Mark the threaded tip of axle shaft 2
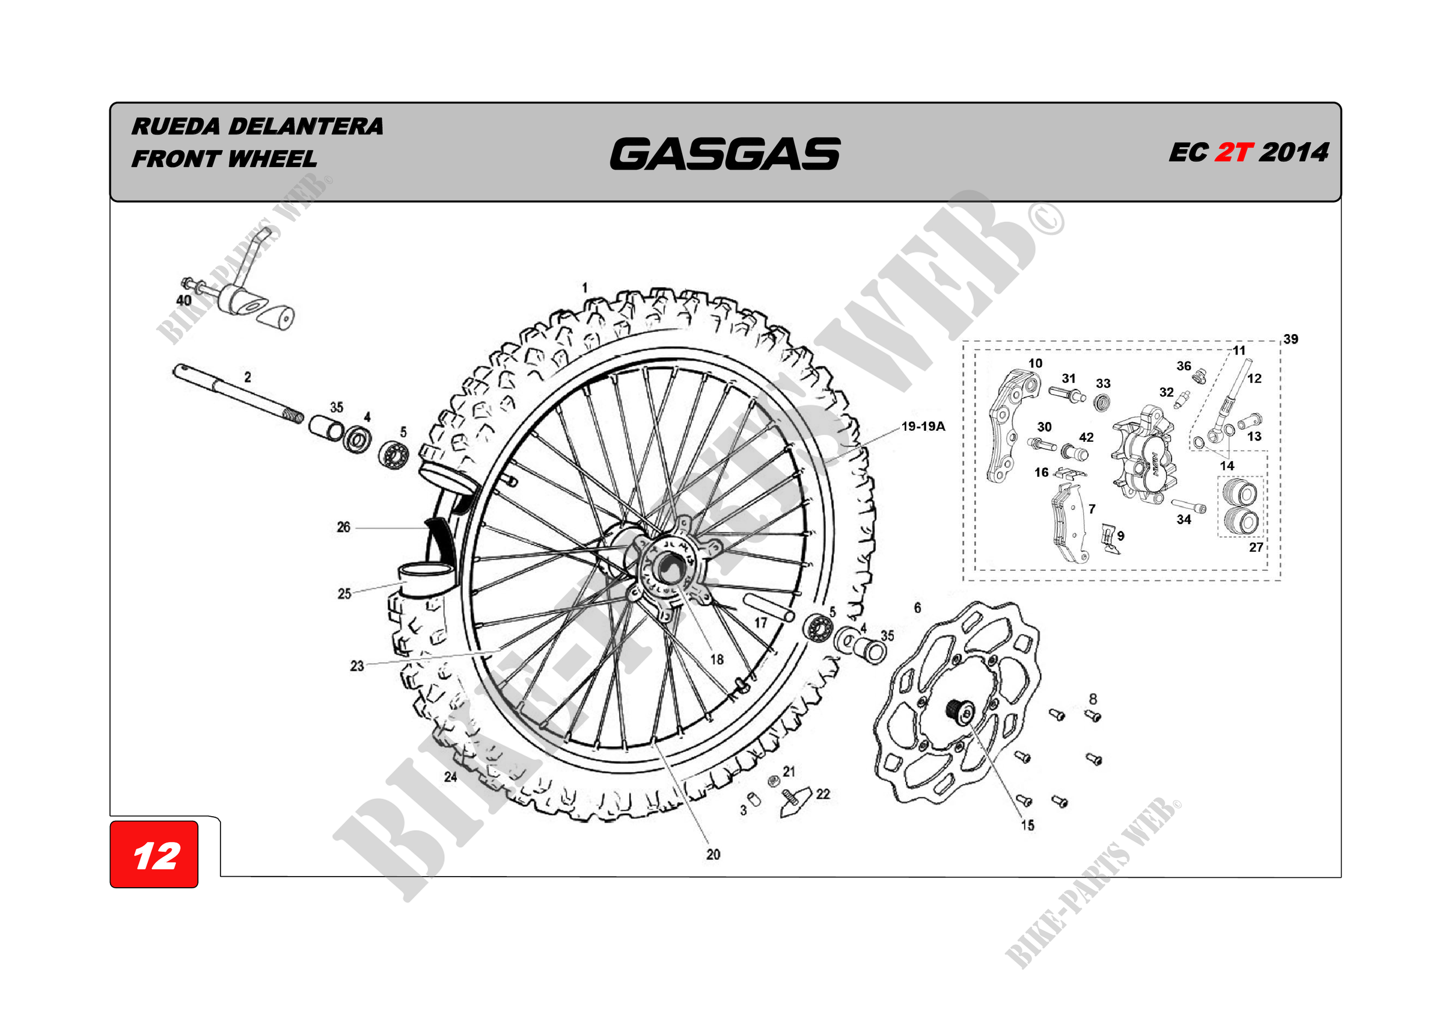coord(293,416)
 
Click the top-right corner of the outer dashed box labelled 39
coord(1280,342)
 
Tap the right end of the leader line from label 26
coord(426,527)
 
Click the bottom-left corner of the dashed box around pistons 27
coord(1218,537)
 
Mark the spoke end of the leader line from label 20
coord(656,745)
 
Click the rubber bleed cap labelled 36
coord(1198,378)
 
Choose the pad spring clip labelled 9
coord(1108,538)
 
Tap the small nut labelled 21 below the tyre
coord(773,781)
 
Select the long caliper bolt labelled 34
coord(1188,506)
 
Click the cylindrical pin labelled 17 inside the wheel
coord(768,607)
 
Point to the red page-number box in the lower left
coord(154,854)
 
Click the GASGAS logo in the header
coord(725,154)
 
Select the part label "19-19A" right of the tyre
coord(922,427)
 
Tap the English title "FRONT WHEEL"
coord(224,158)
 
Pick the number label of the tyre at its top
coord(585,288)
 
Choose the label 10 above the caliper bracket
coord(1035,363)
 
